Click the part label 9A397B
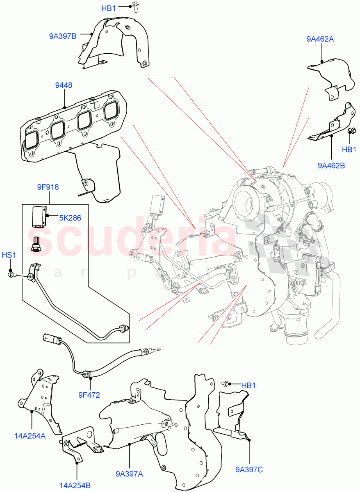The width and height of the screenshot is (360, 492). click(x=63, y=36)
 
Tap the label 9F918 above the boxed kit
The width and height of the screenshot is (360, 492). click(x=47, y=187)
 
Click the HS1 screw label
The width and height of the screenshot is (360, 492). click(x=9, y=255)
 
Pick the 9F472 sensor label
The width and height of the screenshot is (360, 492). click(x=89, y=395)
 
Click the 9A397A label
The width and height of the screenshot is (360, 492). click(x=129, y=474)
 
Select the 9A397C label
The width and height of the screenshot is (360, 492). click(x=249, y=469)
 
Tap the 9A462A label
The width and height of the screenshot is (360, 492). click(x=319, y=39)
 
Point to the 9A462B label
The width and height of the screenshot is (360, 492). click(x=331, y=165)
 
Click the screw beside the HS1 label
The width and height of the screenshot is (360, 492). click(x=11, y=274)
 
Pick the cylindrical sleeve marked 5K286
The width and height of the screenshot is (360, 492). click(x=39, y=216)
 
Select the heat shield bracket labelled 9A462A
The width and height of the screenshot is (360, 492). click(x=332, y=76)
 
